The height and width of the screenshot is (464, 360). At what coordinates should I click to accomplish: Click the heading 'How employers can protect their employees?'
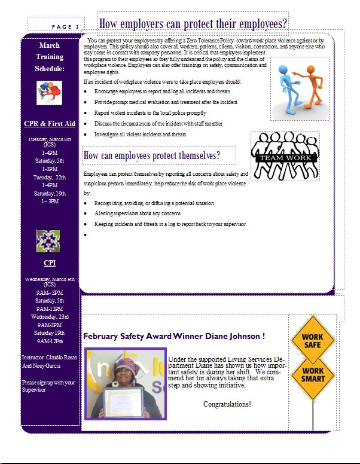pos(193,24)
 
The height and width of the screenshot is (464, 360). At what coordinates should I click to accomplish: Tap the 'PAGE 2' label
pos(65,27)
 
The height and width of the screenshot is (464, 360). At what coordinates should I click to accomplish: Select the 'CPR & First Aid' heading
pos(50,124)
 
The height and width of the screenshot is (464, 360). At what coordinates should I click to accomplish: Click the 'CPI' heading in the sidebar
pos(50,263)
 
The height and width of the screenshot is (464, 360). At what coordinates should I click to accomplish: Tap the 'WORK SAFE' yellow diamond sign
pos(312,341)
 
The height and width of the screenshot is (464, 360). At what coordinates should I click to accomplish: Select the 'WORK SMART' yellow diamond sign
pos(312,376)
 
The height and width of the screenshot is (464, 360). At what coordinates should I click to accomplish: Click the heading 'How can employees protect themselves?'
pos(152,156)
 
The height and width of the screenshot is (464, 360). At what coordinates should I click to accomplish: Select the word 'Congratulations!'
pos(227,405)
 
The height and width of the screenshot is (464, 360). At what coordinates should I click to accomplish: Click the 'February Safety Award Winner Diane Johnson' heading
pos(173,336)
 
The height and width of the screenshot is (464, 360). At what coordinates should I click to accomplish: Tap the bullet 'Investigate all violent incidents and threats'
pos(140,135)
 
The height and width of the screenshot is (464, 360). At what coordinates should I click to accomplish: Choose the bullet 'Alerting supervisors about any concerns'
pos(138,213)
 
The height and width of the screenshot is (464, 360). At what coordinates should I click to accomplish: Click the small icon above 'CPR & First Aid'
pos(50,93)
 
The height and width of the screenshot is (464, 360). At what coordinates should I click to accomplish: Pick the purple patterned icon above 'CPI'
pos(50,240)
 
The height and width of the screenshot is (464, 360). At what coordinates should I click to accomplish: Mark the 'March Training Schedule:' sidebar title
pos(50,57)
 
